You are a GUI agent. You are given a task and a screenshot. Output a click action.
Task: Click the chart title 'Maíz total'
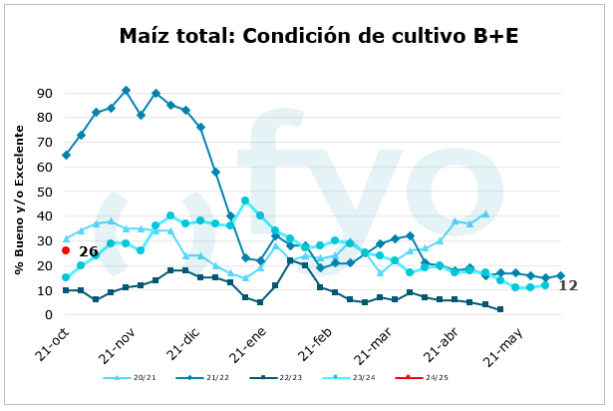click(x=318, y=37)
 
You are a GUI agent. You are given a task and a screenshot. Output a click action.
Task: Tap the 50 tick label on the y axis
click(x=44, y=192)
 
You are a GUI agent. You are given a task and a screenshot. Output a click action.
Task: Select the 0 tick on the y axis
click(x=48, y=315)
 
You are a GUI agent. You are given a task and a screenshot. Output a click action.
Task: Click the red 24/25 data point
click(x=66, y=250)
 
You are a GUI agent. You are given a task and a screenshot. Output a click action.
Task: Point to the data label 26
click(x=88, y=251)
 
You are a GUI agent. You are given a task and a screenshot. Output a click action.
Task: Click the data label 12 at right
click(x=568, y=286)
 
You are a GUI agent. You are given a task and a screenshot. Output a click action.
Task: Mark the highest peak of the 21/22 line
click(x=126, y=91)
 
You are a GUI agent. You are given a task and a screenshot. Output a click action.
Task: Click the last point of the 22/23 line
click(x=500, y=309)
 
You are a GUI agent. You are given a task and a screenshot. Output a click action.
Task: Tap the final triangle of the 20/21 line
click(x=485, y=213)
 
